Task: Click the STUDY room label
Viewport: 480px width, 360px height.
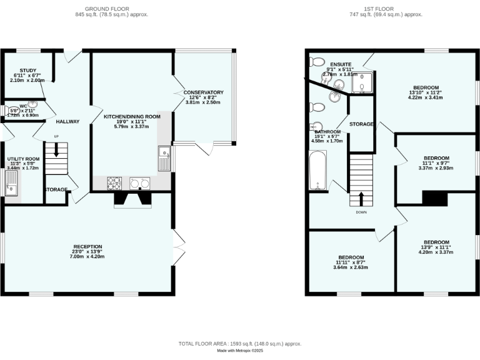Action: (x=28, y=71)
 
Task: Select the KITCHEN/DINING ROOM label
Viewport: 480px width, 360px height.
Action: (x=132, y=117)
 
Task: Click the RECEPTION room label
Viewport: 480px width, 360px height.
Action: (x=87, y=247)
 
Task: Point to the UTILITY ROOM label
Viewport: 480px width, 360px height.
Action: (x=22, y=159)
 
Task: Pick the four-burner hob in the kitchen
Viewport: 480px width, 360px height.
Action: (x=115, y=183)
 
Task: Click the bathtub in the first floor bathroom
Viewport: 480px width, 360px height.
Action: (x=317, y=169)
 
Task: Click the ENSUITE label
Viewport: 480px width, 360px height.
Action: (x=341, y=64)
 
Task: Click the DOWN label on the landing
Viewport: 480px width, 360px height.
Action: (x=361, y=212)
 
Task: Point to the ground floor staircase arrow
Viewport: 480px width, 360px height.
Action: (x=56, y=150)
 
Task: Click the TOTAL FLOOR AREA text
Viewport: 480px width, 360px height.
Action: (x=240, y=344)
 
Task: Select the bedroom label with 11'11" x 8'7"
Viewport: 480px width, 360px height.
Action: (x=351, y=257)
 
